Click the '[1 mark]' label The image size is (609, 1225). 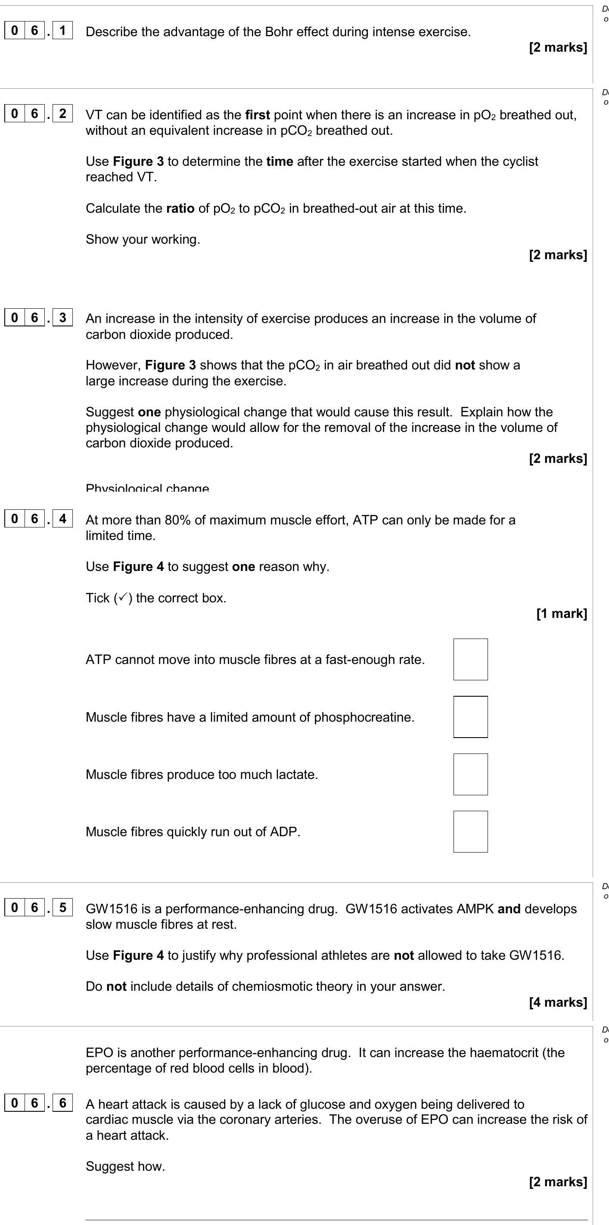point(562,614)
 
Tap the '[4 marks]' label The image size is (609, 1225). point(558,1002)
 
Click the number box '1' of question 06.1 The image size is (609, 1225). point(62,31)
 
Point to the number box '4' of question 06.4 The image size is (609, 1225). point(62,518)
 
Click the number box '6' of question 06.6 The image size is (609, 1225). point(62,1102)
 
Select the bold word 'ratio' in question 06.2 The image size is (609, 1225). point(180,208)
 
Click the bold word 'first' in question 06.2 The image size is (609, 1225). point(258,115)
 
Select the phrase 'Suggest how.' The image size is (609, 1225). point(125,1166)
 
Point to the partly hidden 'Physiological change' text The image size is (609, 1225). point(147,488)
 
